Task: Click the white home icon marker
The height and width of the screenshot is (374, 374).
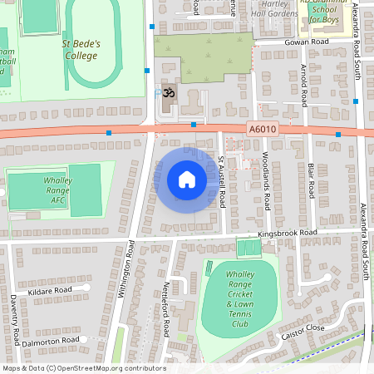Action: [186, 180]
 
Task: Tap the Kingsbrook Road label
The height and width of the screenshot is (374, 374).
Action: [288, 233]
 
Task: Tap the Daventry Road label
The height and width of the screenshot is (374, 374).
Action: [16, 315]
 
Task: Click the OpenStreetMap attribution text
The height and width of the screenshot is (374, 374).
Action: [83, 368]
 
